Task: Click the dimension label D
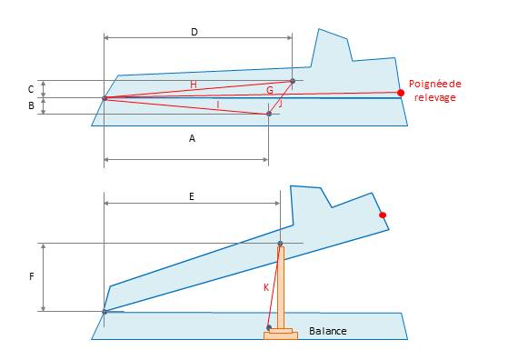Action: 194,32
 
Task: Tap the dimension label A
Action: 192,139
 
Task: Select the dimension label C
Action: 31,89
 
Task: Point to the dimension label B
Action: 31,105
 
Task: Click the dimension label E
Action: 192,196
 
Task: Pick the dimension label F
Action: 32,276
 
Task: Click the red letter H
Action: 194,85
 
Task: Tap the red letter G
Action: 270,90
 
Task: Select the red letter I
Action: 218,105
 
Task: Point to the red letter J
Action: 280,104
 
